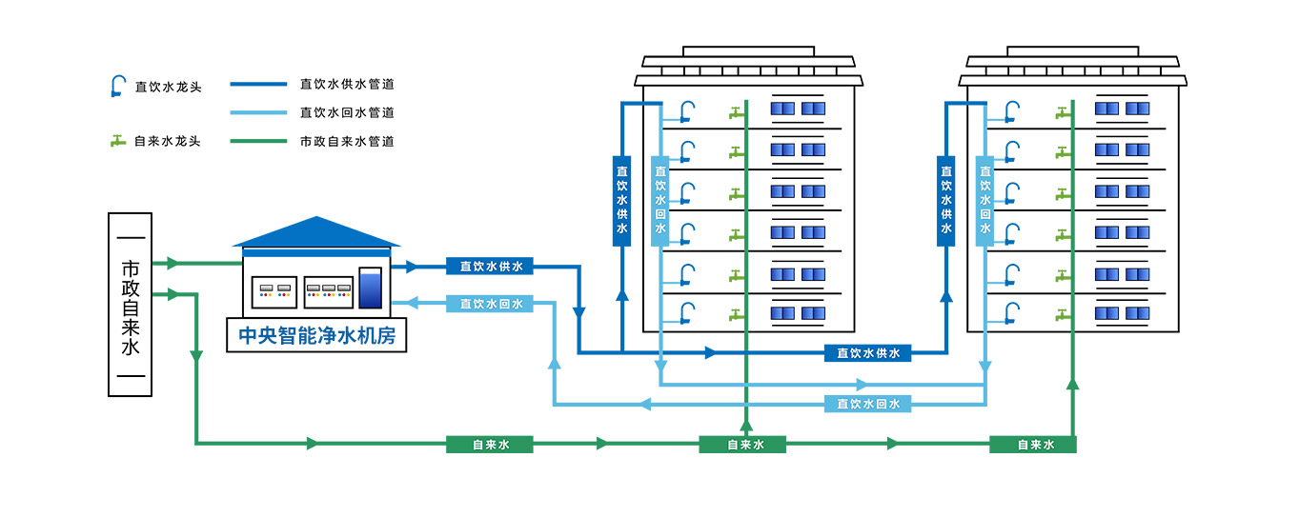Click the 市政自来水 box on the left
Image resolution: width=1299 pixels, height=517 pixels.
click(131, 304)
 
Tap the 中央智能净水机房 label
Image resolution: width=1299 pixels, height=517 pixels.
click(316, 336)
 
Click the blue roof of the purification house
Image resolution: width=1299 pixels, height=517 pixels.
click(316, 232)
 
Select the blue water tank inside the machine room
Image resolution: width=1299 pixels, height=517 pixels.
click(370, 289)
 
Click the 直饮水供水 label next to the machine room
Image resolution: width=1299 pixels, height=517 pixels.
click(490, 267)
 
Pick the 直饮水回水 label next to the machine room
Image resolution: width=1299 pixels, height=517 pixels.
click(490, 304)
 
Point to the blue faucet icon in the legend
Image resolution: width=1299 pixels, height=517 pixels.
click(118, 87)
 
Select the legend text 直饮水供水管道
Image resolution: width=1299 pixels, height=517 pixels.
click(347, 84)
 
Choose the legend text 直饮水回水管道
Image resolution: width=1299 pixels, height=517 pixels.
click(347, 112)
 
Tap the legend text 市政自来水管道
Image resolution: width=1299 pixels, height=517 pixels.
click(347, 141)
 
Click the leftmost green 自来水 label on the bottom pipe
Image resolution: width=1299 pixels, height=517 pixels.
click(490, 444)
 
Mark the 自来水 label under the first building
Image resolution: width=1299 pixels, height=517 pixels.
click(742, 444)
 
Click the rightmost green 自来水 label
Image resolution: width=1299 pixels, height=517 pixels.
click(1033, 444)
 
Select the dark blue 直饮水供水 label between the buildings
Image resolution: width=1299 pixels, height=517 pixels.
click(867, 353)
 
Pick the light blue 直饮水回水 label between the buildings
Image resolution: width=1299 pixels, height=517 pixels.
click(867, 404)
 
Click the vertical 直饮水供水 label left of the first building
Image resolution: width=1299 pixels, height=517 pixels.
click(621, 200)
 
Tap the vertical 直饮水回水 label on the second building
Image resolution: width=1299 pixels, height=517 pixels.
click(984, 200)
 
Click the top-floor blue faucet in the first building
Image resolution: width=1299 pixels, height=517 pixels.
click(686, 111)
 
